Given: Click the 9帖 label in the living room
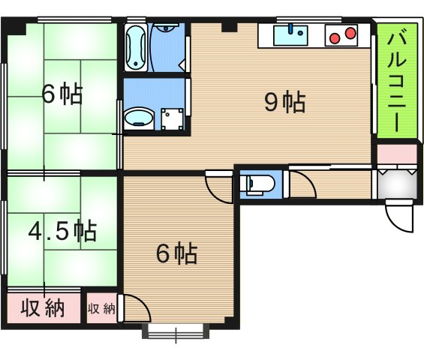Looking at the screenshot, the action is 285,103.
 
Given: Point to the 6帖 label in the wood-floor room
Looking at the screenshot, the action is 177,254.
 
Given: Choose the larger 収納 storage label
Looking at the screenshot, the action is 43,308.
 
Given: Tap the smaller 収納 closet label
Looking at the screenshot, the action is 101,309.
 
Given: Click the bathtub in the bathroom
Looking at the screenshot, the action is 136,47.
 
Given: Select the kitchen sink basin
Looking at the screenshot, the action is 290,35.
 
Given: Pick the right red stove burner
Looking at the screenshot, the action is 350,33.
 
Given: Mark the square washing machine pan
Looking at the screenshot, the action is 173,119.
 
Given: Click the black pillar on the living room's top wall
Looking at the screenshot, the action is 230,27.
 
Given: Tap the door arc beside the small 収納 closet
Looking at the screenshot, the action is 135,308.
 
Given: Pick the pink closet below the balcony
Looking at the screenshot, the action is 397,154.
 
